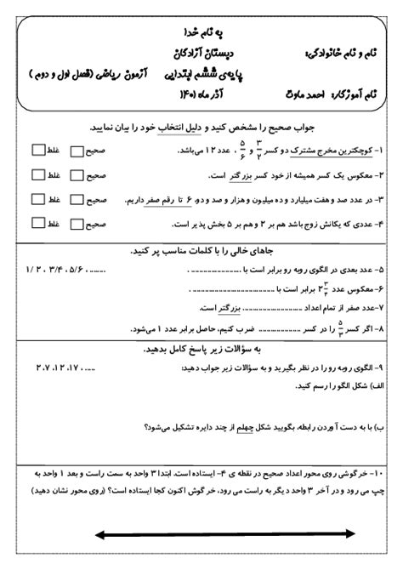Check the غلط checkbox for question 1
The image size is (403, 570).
click(37, 150)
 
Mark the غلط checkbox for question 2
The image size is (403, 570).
click(37, 175)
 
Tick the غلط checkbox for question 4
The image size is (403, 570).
click(37, 225)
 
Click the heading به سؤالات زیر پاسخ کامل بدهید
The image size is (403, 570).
click(205, 349)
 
